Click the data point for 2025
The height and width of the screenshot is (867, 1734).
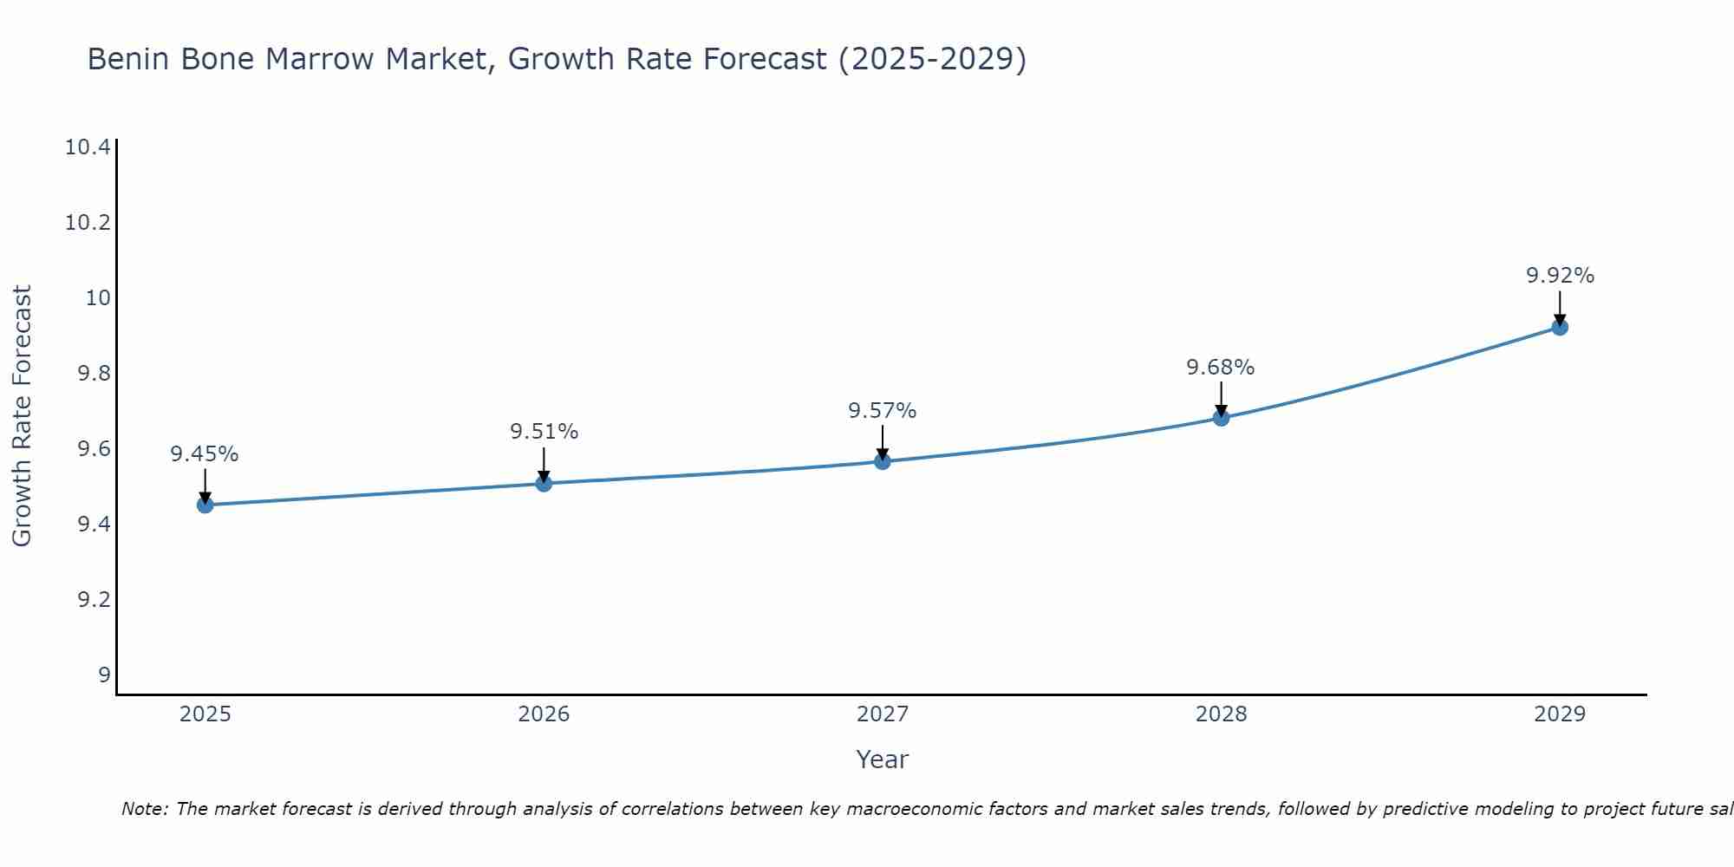(x=205, y=505)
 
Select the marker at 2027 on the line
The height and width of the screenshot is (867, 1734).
(x=883, y=461)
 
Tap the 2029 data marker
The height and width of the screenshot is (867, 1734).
(x=1560, y=327)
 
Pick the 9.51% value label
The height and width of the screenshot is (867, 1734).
(x=544, y=432)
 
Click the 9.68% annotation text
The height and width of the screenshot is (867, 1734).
(x=1221, y=368)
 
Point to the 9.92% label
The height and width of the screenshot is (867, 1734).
(x=1560, y=276)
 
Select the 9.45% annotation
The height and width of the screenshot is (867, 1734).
(x=205, y=454)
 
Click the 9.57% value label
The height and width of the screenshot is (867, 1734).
(x=883, y=411)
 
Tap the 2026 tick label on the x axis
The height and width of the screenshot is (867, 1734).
(x=544, y=714)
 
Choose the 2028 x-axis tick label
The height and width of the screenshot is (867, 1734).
(x=1221, y=714)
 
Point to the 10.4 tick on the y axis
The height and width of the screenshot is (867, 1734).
(x=88, y=147)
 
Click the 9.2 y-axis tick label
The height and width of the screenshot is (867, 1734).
(x=95, y=600)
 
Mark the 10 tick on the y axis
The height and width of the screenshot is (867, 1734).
(x=99, y=298)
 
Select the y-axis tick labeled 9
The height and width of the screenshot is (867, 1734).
(x=105, y=675)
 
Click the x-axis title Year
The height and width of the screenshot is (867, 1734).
(x=882, y=759)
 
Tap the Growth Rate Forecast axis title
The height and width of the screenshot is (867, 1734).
(x=22, y=416)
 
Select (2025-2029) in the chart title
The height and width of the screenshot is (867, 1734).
(x=932, y=60)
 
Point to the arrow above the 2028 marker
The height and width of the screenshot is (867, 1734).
(x=1221, y=398)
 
